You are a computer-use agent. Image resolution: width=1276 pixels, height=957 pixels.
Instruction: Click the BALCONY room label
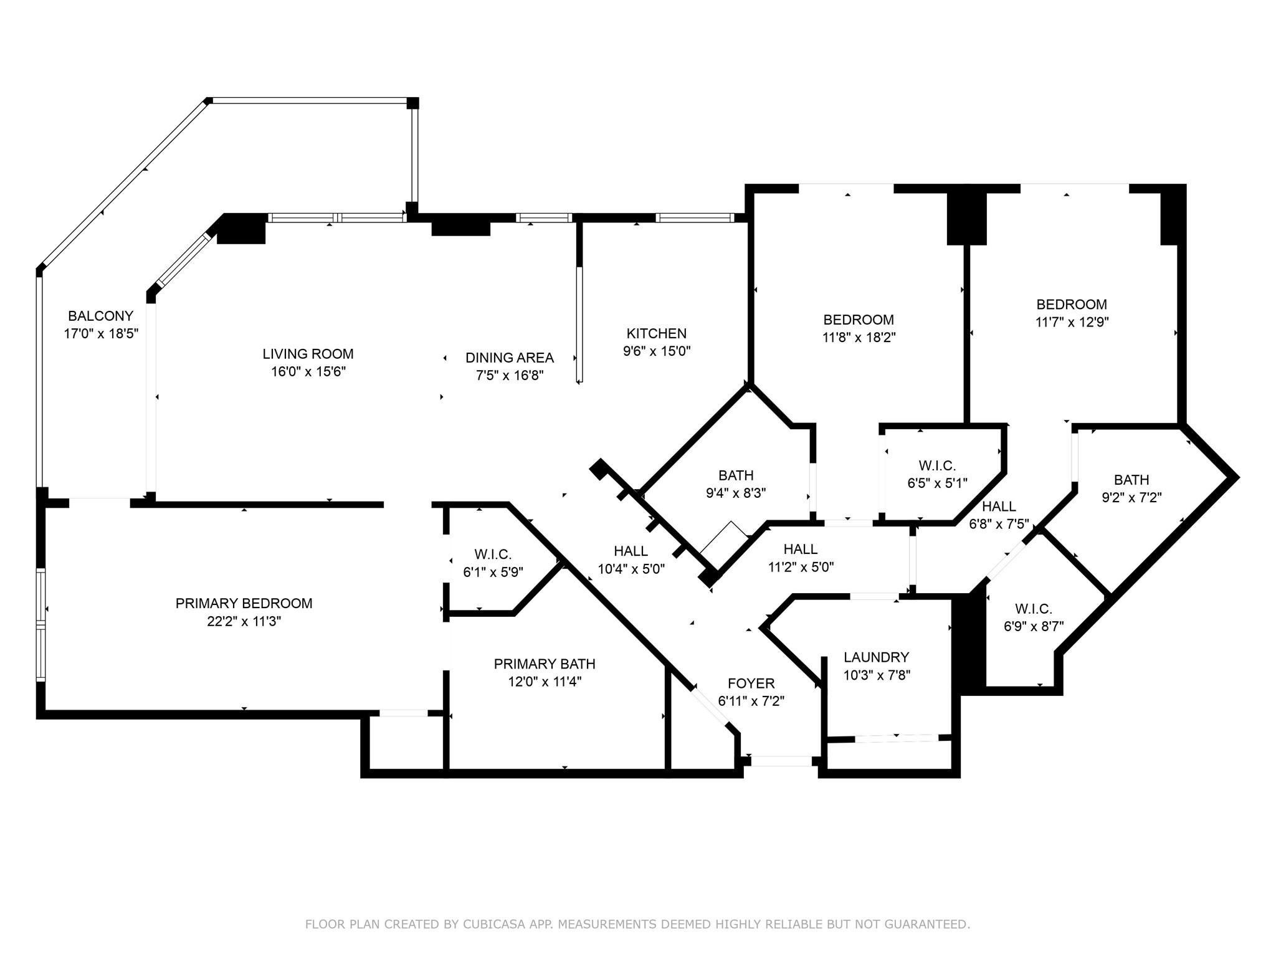click(100, 316)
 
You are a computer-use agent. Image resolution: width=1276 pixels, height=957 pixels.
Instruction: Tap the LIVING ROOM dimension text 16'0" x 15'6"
click(308, 372)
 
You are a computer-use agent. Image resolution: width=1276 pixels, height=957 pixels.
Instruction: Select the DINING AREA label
click(509, 358)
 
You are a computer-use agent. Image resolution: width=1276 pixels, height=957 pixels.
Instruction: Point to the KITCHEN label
click(656, 333)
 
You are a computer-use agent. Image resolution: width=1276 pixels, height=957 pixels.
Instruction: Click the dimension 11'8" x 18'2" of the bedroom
click(859, 338)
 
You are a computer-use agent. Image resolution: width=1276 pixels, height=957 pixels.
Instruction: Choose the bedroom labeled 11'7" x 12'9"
click(1072, 305)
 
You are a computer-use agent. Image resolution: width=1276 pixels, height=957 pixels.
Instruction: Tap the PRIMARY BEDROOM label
click(244, 603)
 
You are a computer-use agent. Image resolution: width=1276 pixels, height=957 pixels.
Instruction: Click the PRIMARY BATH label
click(545, 664)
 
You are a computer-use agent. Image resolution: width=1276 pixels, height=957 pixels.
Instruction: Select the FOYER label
click(751, 683)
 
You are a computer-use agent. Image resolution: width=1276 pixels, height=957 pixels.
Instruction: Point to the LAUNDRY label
click(876, 657)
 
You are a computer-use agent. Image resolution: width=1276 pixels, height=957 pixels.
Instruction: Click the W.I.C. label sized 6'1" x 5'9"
click(492, 555)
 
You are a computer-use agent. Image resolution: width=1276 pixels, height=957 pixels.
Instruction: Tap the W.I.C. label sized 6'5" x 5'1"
click(936, 465)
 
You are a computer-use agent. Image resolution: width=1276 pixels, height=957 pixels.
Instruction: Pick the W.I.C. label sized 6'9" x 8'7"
click(1033, 609)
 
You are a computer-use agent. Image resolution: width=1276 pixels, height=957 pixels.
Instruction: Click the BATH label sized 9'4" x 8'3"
click(736, 475)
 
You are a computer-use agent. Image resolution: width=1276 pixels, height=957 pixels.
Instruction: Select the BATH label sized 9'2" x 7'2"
click(1131, 480)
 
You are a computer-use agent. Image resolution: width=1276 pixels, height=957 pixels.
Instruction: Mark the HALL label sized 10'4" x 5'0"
click(631, 551)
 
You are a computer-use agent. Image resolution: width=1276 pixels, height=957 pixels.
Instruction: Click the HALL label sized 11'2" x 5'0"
click(800, 549)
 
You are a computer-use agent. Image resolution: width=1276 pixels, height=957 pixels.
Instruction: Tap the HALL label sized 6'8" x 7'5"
click(999, 506)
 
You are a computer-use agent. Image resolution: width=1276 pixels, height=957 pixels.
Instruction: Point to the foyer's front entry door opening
click(781, 761)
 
